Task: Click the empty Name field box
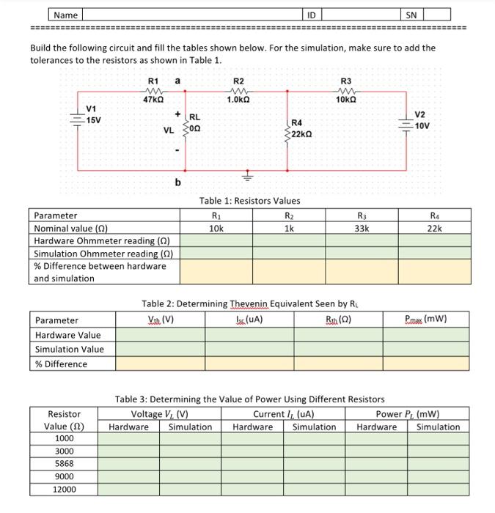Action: pyautogui.click(x=191, y=14)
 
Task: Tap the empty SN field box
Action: pyautogui.click(x=436, y=14)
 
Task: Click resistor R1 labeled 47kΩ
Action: pyautogui.click(x=153, y=91)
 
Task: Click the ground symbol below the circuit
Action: pyautogui.click(x=247, y=177)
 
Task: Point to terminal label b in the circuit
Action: pyautogui.click(x=177, y=182)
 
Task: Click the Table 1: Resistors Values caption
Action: pyautogui.click(x=249, y=201)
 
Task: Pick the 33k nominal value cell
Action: pyautogui.click(x=362, y=228)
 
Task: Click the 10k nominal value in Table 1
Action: pyautogui.click(x=216, y=228)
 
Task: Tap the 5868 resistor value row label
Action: pyautogui.click(x=64, y=464)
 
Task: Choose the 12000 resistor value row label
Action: pyautogui.click(x=64, y=490)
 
